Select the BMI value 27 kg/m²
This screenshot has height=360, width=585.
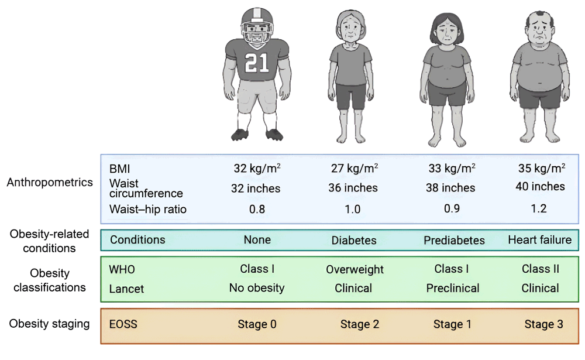[x=354, y=168]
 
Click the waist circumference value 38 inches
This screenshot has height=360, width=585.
[x=451, y=188]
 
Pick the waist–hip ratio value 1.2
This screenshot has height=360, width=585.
[x=541, y=209]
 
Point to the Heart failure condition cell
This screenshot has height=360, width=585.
[x=539, y=240]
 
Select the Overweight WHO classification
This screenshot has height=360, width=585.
[x=355, y=269]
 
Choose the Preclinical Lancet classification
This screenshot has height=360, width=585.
[x=452, y=288]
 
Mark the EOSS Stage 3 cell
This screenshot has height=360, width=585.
[x=543, y=324]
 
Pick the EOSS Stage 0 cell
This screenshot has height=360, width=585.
[x=257, y=324]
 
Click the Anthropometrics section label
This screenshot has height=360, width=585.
[x=50, y=182]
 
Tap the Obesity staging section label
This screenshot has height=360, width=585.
[x=50, y=323]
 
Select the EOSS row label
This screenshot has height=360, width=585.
[x=123, y=324]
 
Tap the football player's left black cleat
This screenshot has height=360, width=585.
[x=274, y=134]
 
